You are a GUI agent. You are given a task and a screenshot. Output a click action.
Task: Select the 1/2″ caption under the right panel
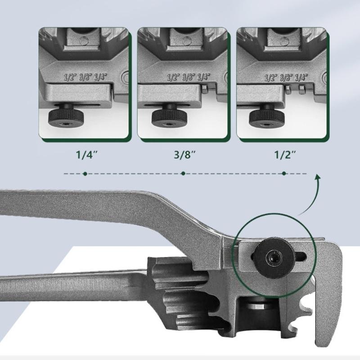[x=284, y=156]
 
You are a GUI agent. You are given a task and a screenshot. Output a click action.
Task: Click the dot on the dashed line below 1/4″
[x=85, y=173]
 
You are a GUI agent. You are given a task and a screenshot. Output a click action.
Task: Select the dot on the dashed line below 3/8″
[x=183, y=173]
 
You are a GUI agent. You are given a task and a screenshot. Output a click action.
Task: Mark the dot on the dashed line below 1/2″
[x=283, y=173]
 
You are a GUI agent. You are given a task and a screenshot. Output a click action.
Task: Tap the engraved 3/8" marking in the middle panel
[x=187, y=76]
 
